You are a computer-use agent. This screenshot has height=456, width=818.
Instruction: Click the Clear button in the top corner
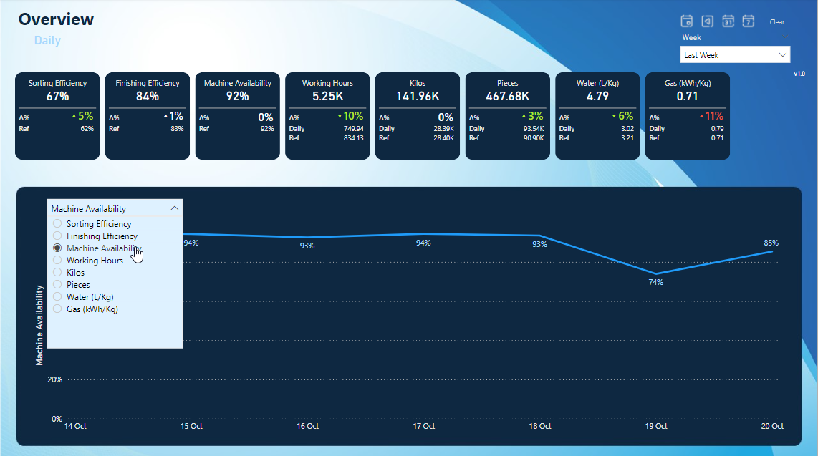pos(776,22)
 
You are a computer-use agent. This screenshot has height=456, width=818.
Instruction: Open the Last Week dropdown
pos(735,55)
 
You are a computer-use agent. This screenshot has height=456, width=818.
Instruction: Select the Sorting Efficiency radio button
pos(57,224)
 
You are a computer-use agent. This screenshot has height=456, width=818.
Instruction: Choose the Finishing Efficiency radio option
pos(57,236)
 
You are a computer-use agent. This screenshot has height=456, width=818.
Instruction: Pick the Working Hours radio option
pos(57,261)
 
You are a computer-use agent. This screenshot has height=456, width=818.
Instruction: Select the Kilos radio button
pos(57,273)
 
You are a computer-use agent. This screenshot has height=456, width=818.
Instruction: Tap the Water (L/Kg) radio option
pos(57,297)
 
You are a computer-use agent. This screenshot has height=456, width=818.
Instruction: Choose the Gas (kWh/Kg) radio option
pos(57,309)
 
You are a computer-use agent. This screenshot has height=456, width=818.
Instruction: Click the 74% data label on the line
pos(655,283)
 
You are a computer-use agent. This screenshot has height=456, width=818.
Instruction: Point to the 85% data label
pos(771,243)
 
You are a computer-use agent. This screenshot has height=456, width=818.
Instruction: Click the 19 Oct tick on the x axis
pos(655,426)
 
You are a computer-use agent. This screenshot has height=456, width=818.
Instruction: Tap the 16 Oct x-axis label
pos(307,426)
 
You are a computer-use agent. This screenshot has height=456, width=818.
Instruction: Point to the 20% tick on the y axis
pos(54,379)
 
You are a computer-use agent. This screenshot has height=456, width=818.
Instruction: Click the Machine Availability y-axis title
pos(40,324)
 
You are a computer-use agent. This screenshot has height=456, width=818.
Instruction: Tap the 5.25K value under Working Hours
pos(327,96)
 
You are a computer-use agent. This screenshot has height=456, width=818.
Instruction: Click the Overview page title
pos(56,19)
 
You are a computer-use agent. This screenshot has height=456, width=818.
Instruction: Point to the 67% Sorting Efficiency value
pos(57,96)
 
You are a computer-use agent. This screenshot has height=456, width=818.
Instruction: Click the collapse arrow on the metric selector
pos(174,208)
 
